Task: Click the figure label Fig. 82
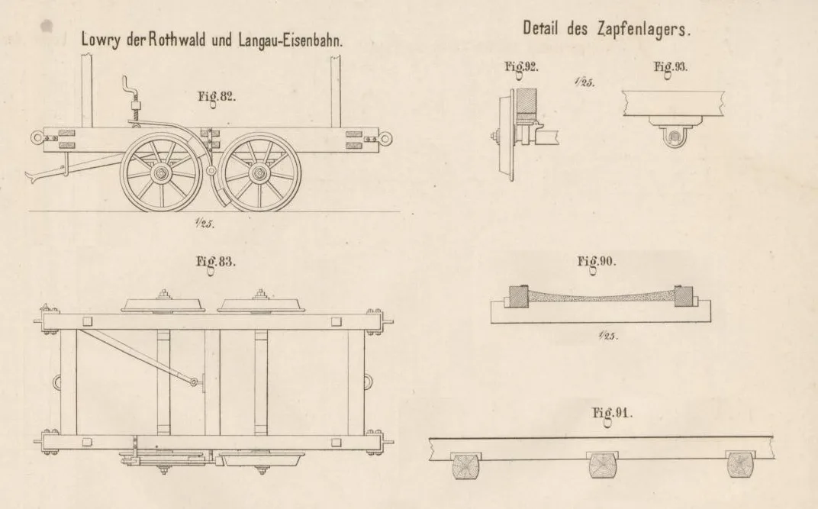pos(217,97)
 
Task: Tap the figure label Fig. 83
pos(215,263)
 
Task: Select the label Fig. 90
pos(596,262)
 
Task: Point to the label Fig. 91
pos(612,414)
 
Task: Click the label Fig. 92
pos(521,67)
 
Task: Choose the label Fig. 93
pos(671,67)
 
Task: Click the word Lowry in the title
pos(101,40)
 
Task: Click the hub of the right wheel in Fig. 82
pos(259,172)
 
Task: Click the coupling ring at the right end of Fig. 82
pos(385,139)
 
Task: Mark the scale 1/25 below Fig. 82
pos(204,223)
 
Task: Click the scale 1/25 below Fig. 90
pos(608,335)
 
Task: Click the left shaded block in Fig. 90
pos(519,296)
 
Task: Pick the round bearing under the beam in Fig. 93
pos(675,137)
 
